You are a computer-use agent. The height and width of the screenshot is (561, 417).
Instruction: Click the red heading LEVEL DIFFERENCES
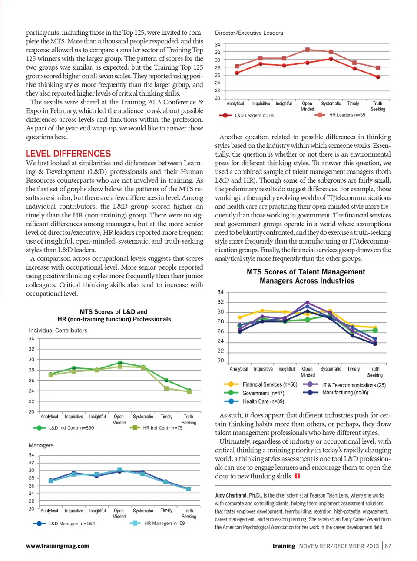68,154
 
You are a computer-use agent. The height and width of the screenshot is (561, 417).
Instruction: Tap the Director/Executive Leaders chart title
249,33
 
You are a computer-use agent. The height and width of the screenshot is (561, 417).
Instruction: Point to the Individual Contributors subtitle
58,331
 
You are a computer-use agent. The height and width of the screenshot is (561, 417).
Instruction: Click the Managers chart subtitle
41,445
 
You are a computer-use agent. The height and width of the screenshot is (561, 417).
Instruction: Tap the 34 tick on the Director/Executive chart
218,45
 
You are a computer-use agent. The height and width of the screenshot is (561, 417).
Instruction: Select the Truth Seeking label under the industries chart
374,372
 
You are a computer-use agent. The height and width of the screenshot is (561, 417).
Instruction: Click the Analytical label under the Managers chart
49,511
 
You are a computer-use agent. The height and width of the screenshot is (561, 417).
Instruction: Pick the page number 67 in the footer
388,546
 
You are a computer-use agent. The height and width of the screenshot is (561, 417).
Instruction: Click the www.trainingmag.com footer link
58,546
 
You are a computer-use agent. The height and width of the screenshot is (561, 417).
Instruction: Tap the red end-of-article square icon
297,476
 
